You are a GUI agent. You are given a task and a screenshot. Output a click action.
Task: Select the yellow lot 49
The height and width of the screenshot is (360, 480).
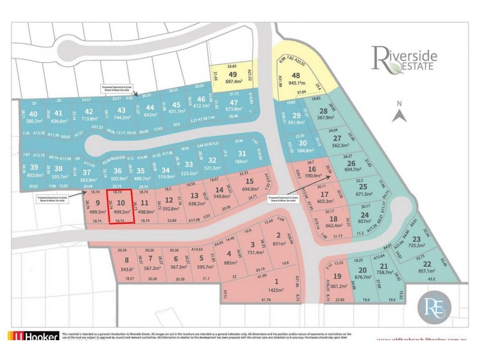tap(234, 76)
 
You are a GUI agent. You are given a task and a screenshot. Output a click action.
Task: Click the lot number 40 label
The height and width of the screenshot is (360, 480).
tap(33, 113)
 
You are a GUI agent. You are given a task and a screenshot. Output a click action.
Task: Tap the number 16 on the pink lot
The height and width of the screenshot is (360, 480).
tap(311, 170)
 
